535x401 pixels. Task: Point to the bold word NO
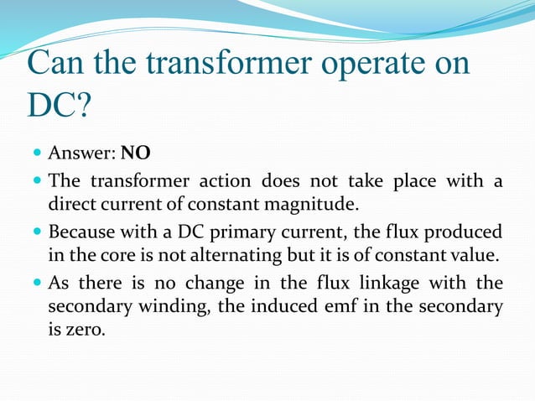pos(136,154)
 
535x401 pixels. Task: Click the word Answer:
pos(82,154)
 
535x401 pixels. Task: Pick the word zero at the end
pos(86,331)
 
